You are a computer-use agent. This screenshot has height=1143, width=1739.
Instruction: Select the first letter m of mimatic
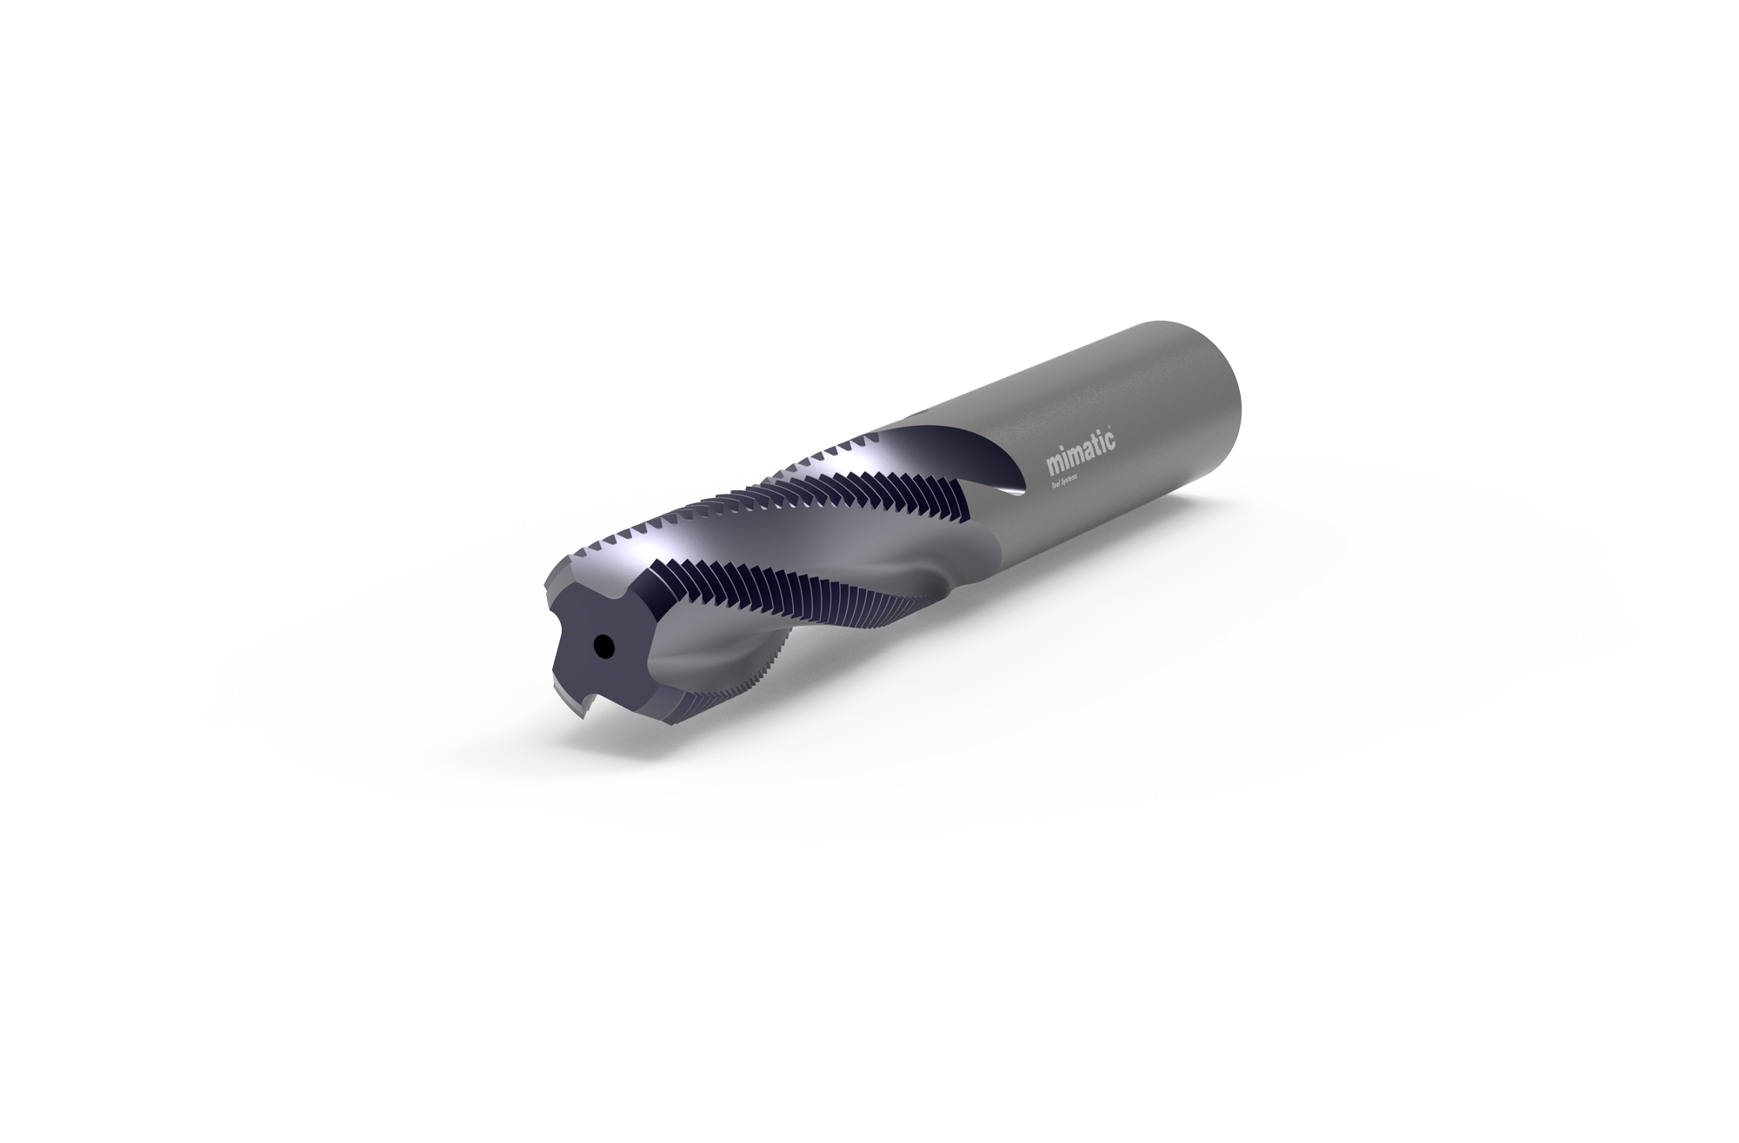tap(1049, 465)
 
